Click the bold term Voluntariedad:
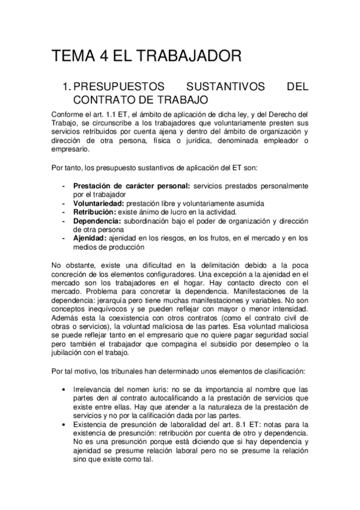99,203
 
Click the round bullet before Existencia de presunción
64,424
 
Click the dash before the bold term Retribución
64,212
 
